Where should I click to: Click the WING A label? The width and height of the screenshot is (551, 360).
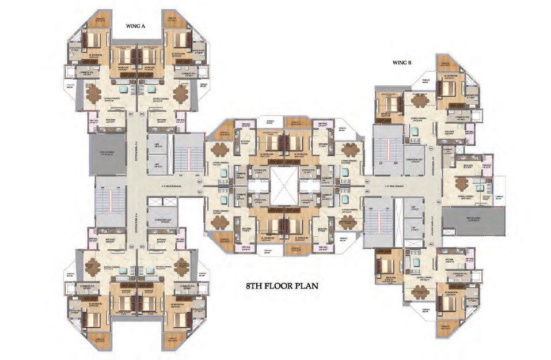click(138, 26)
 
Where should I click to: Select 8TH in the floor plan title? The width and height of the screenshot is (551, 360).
click(256, 285)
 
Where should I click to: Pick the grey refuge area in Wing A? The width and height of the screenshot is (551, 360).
click(107, 154)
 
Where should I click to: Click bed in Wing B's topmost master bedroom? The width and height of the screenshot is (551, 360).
click(447, 88)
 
